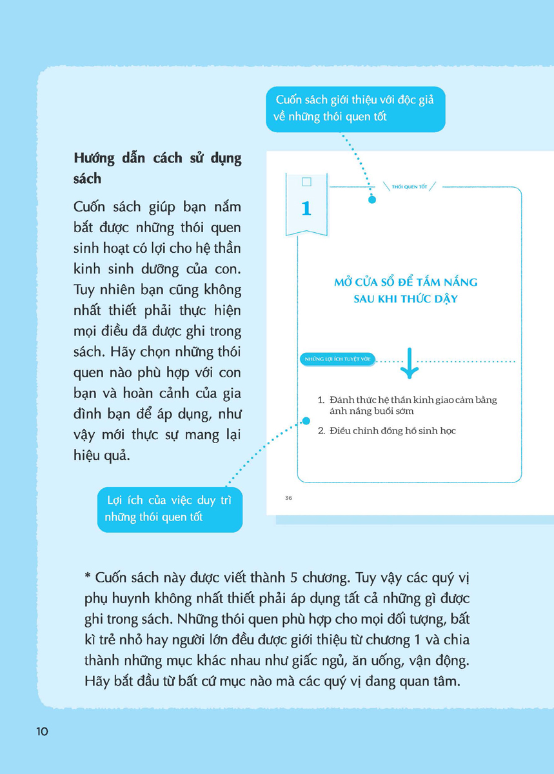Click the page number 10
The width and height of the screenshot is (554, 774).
42,731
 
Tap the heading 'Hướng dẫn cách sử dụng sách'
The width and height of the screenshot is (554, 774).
157,168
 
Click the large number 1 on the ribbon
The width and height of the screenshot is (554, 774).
306,208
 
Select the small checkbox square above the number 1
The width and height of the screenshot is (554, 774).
306,182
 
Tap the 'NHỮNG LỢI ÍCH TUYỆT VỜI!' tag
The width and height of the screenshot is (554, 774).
339,360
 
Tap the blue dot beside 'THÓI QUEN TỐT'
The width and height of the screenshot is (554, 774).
372,199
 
